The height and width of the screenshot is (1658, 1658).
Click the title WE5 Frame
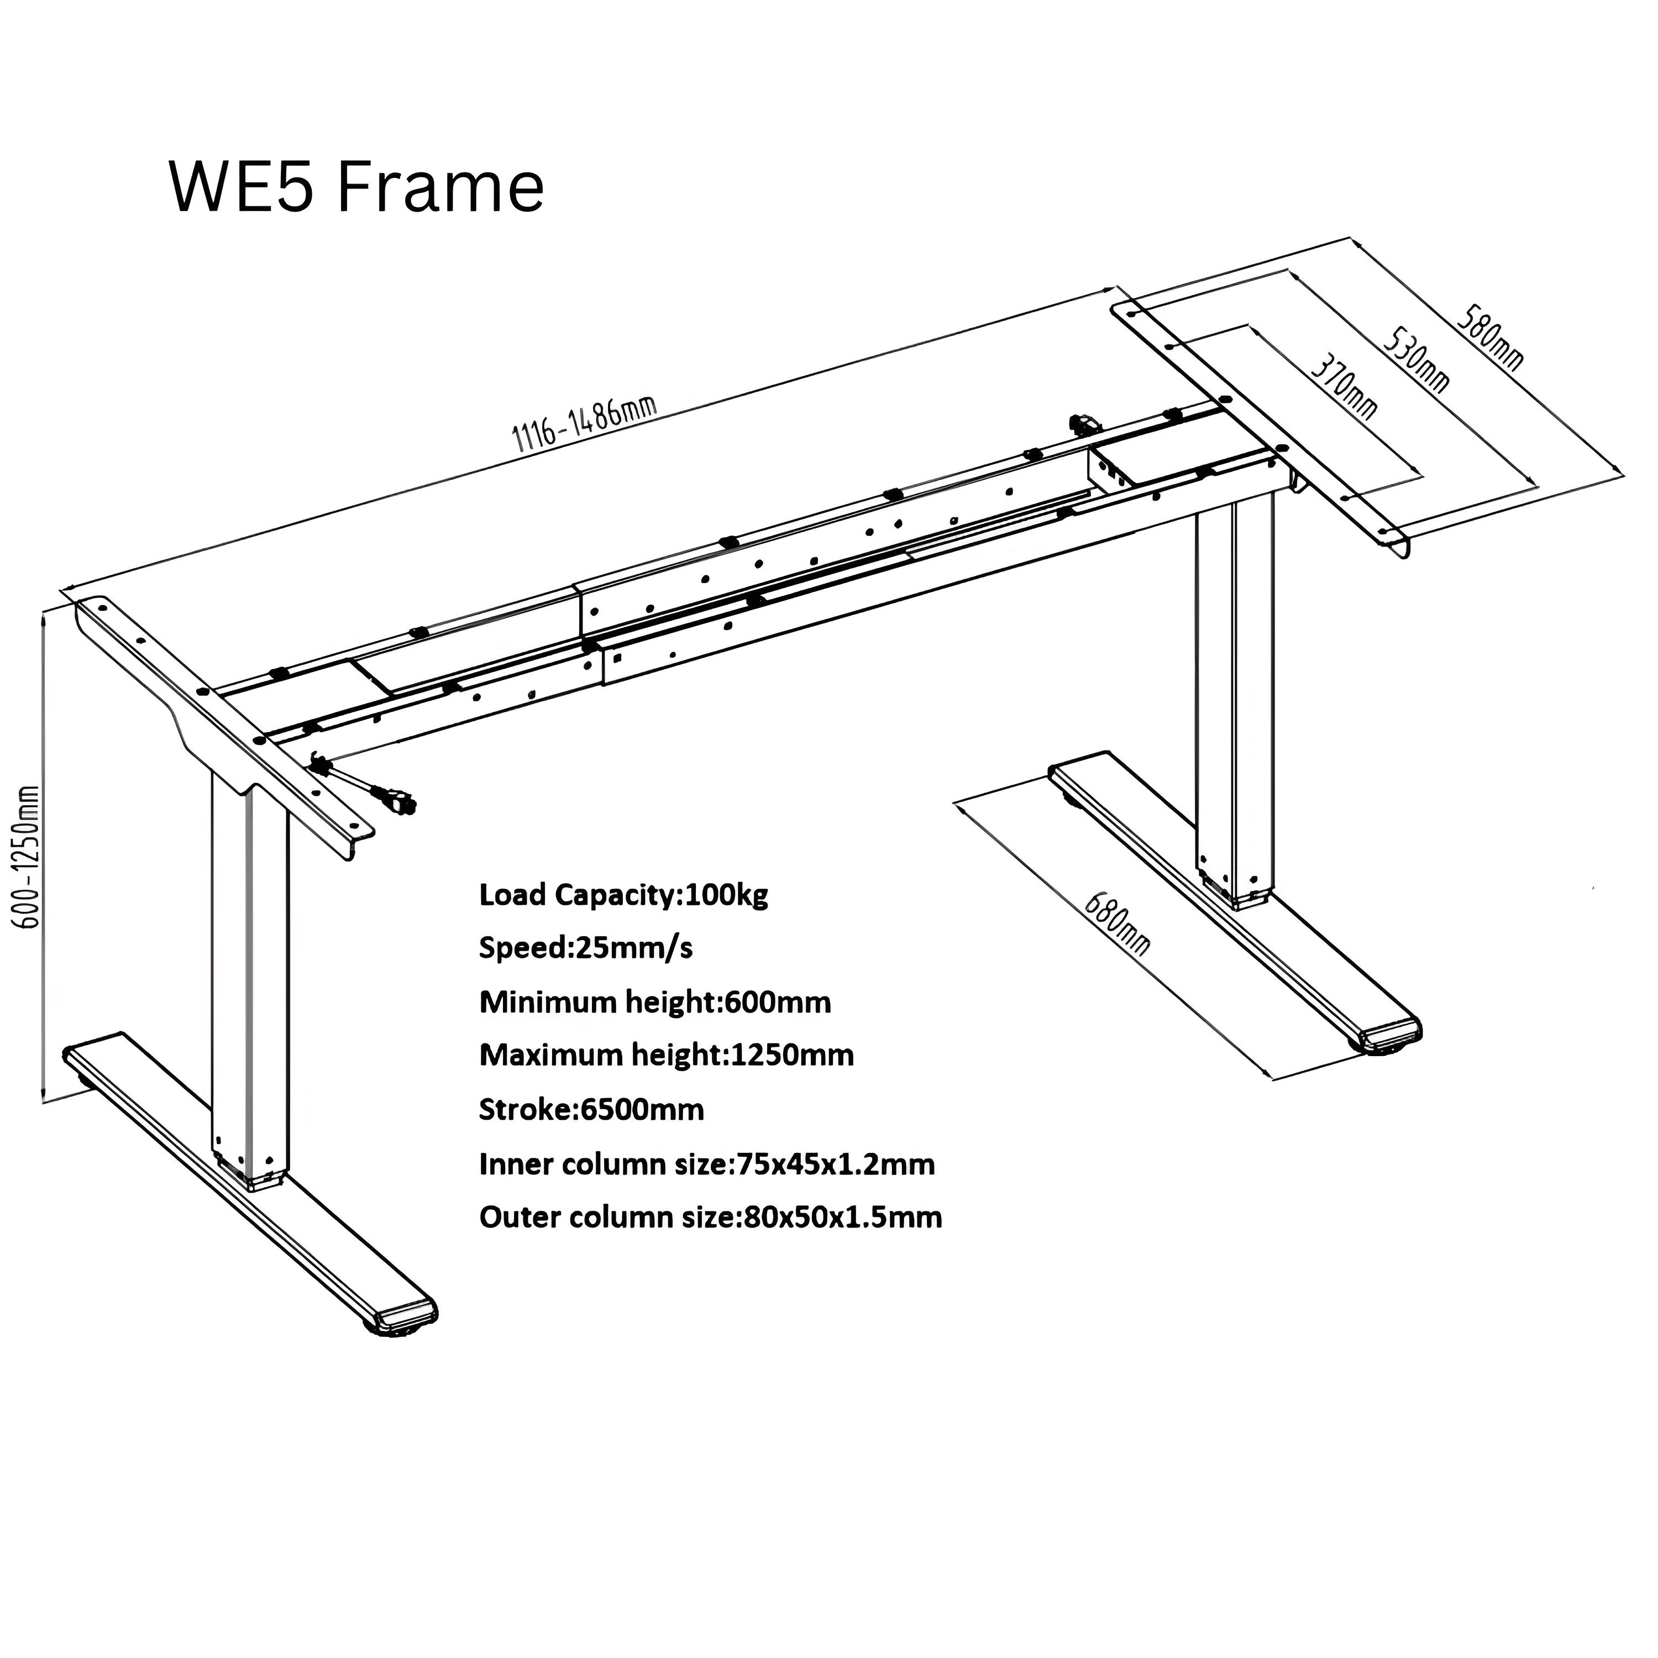[x=356, y=187]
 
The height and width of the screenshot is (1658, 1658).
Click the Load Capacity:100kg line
[x=623, y=895]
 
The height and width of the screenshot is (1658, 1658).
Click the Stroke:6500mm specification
[x=591, y=1110]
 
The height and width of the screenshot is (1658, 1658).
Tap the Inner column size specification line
[x=706, y=1164]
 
